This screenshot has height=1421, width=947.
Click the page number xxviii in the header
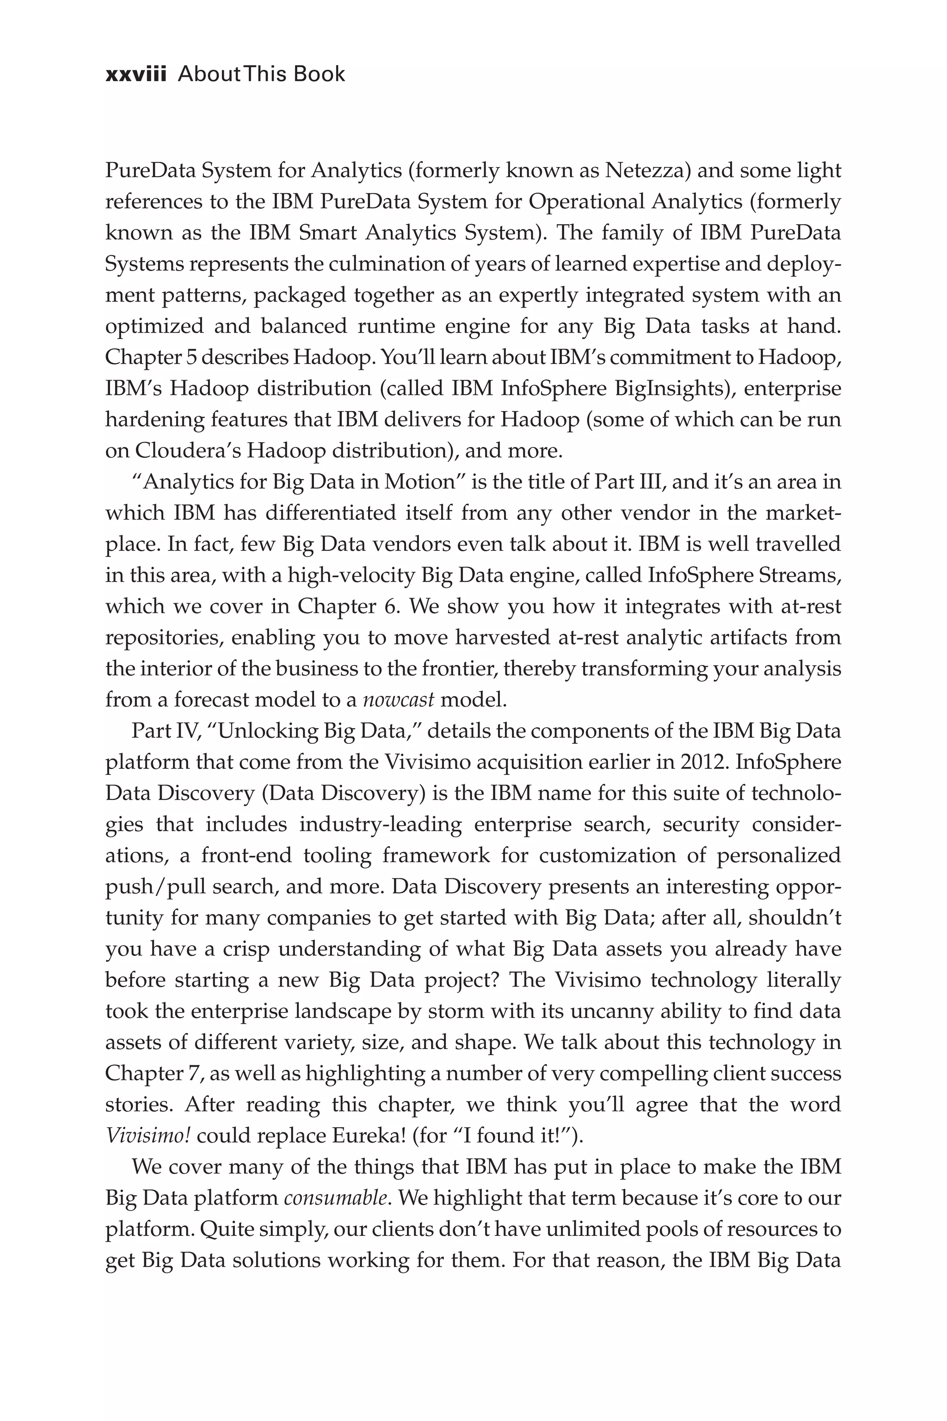pos(135,74)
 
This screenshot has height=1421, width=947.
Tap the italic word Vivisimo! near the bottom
pos(148,1136)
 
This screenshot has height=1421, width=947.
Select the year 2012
pos(702,762)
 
